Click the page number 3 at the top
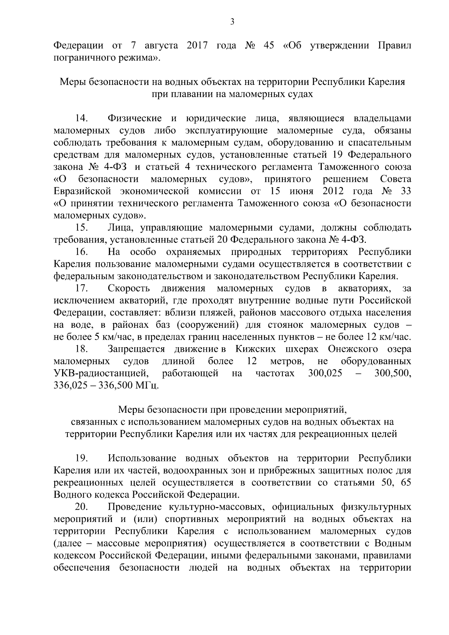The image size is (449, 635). tap(232, 22)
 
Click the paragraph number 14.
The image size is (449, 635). tap(81, 119)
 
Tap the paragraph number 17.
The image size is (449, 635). tap(81, 289)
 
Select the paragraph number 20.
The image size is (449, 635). tap(81, 507)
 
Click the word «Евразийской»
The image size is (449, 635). tap(83, 192)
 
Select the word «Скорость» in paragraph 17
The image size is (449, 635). tap(129, 289)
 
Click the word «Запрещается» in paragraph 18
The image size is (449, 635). tap(136, 349)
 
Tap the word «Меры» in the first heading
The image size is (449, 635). tap(73, 82)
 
